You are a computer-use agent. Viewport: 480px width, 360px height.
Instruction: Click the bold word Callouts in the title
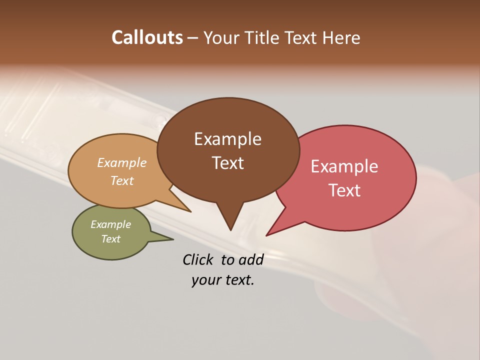(147, 37)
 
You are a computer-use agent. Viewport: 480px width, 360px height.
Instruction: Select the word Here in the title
(341, 37)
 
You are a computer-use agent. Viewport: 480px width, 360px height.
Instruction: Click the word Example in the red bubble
(344, 166)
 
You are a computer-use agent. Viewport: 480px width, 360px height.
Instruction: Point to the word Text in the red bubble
(345, 190)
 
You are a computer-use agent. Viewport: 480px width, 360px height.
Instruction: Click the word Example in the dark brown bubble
(227, 139)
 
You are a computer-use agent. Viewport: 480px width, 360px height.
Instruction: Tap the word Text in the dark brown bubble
(228, 163)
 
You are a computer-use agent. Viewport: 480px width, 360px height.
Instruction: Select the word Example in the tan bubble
(122, 162)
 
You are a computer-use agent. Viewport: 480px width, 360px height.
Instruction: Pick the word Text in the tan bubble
(122, 180)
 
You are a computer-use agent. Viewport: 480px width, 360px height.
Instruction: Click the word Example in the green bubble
(111, 224)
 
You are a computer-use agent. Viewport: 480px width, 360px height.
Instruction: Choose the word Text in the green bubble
(111, 239)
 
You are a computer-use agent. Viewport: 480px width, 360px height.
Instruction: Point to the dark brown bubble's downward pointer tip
(230, 229)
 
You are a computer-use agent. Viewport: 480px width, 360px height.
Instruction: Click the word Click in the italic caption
(198, 259)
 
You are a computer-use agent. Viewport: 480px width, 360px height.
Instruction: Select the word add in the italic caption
(251, 259)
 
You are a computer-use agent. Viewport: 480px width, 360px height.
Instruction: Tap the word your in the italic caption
(205, 280)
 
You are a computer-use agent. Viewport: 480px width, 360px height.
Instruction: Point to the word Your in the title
(221, 37)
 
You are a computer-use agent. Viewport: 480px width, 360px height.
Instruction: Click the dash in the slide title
(193, 38)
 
